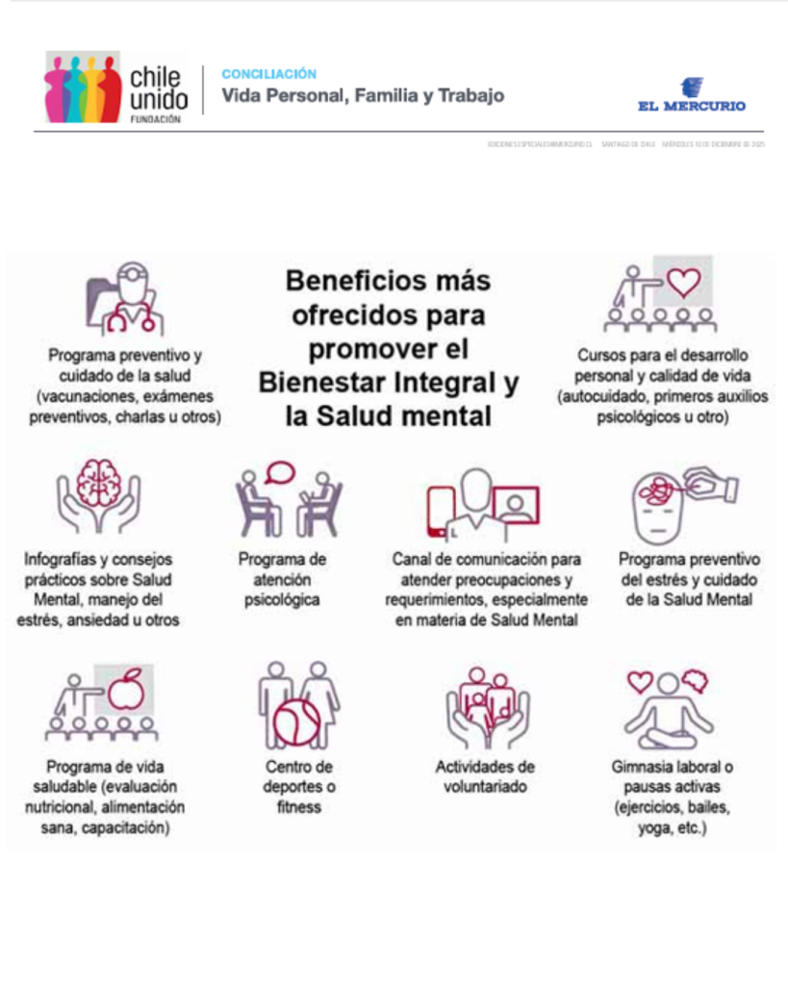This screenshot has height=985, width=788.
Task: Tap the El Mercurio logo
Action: click(x=691, y=96)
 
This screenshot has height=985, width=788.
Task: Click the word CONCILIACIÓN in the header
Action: click(x=268, y=74)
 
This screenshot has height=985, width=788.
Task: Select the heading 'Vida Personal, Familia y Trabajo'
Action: click(x=363, y=96)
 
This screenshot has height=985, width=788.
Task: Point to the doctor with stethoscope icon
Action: click(x=125, y=300)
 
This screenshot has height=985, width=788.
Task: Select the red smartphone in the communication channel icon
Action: click(x=442, y=511)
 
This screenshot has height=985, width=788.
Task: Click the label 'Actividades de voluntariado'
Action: click(x=485, y=776)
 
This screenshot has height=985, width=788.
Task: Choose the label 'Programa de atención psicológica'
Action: click(x=282, y=579)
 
